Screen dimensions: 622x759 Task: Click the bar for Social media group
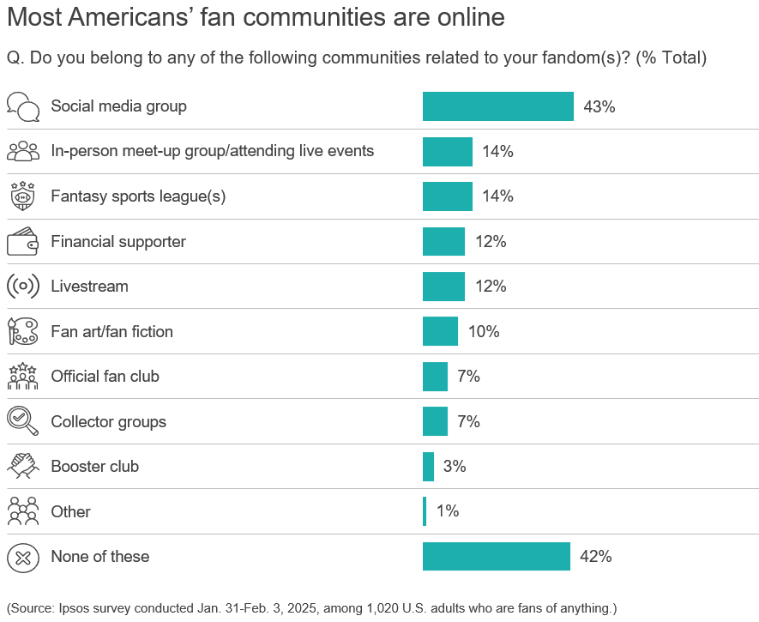[497, 106]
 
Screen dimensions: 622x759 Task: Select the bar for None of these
[496, 556]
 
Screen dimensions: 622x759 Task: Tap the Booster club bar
[428, 467]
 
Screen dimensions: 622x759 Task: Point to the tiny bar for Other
[425, 511]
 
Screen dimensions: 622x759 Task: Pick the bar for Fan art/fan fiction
[440, 331]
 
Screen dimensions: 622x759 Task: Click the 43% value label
[599, 107]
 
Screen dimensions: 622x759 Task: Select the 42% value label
[596, 556]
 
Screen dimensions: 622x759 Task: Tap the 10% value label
[484, 331]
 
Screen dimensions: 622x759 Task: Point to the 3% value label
[455, 467]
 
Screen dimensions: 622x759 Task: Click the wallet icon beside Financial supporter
[23, 242]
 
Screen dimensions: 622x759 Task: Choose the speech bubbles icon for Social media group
[23, 107]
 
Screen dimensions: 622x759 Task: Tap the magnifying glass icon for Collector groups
[23, 421]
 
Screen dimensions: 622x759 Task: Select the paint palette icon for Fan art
[23, 331]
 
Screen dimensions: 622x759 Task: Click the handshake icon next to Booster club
[23, 467]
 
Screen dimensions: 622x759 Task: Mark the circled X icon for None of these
[23, 557]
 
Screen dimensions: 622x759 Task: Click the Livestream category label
[89, 287]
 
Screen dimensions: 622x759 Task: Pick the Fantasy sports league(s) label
[138, 196]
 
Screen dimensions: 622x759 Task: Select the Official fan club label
[105, 377]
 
